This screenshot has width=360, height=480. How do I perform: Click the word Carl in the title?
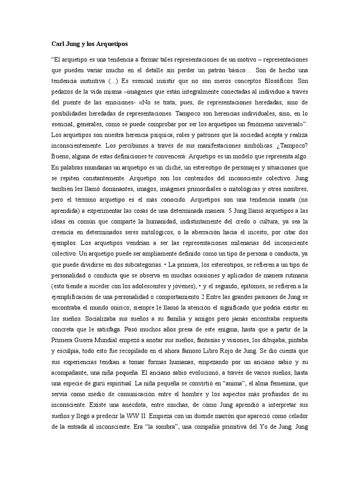(x=58, y=44)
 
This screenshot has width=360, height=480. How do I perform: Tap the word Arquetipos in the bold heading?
(x=111, y=44)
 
